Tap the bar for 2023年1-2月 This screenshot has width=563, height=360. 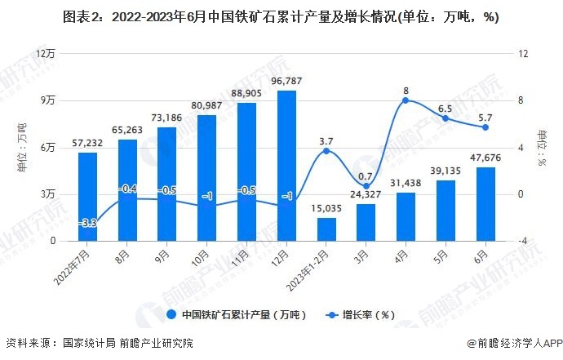click(x=326, y=229)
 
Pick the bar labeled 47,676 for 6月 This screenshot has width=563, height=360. click(x=485, y=204)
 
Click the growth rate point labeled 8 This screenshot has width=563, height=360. click(x=406, y=100)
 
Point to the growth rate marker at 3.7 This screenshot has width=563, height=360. click(x=326, y=151)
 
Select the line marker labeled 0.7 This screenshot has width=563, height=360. click(x=366, y=186)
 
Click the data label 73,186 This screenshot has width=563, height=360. click(x=166, y=116)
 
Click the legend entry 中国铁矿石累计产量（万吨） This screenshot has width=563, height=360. click(x=237, y=314)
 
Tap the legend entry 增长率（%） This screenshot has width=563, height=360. click(x=365, y=314)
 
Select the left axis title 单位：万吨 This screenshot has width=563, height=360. click(x=22, y=147)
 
